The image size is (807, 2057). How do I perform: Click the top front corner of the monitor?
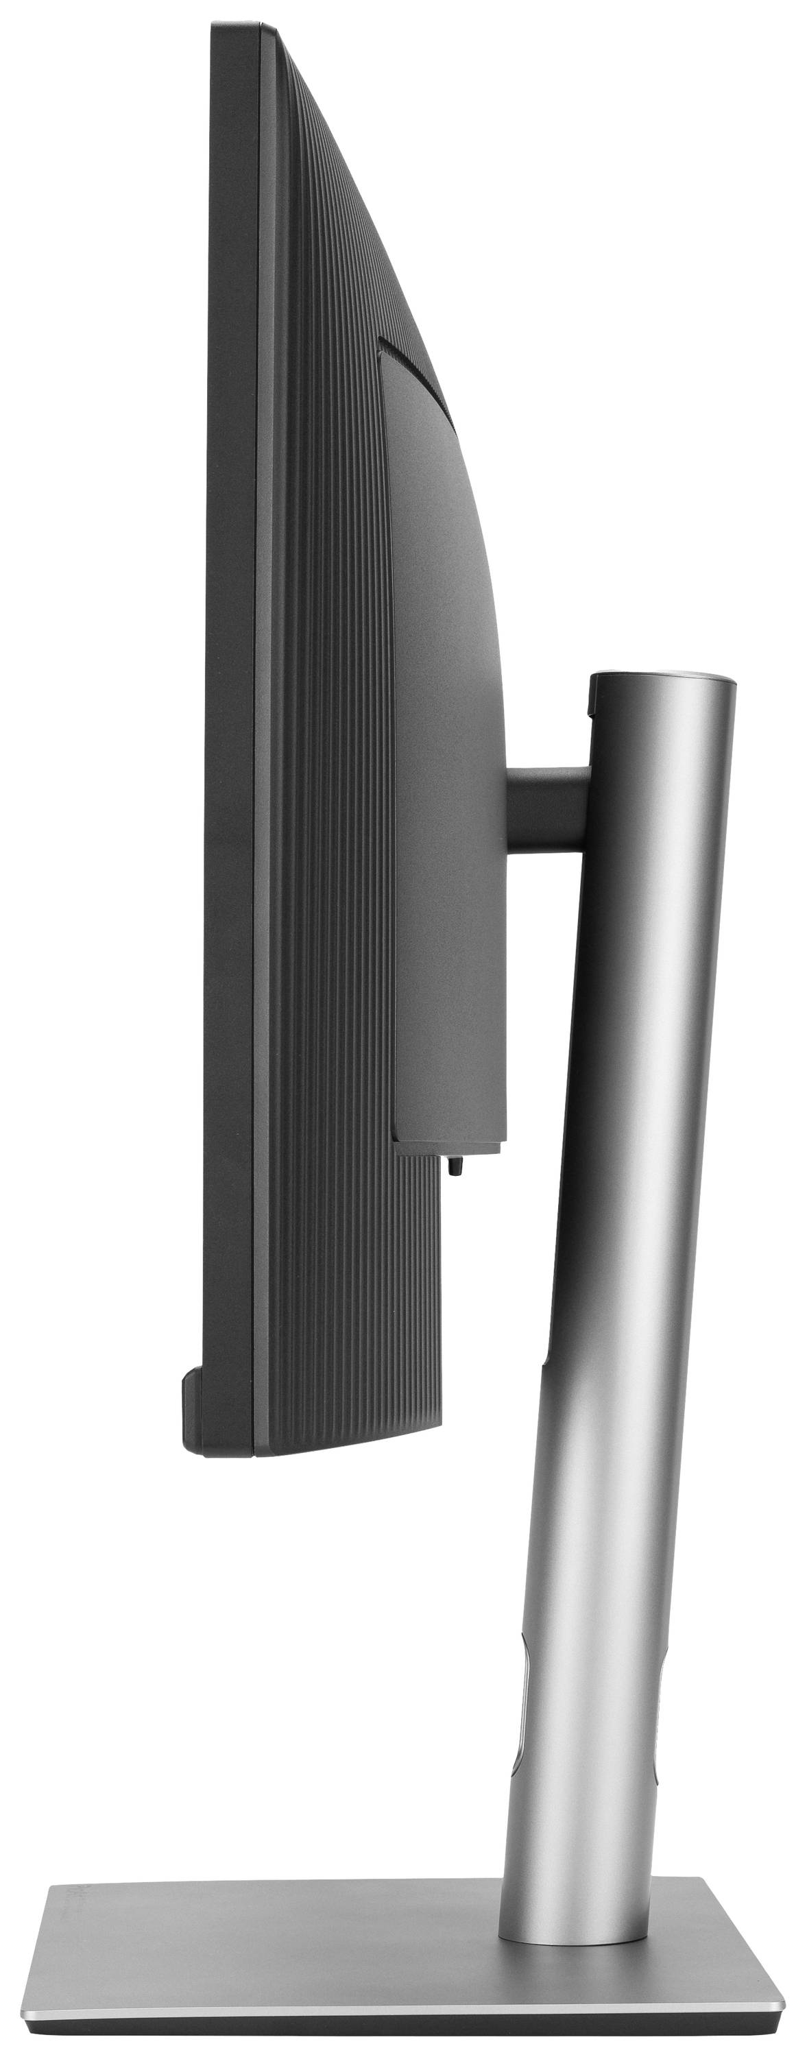coord(214,29)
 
